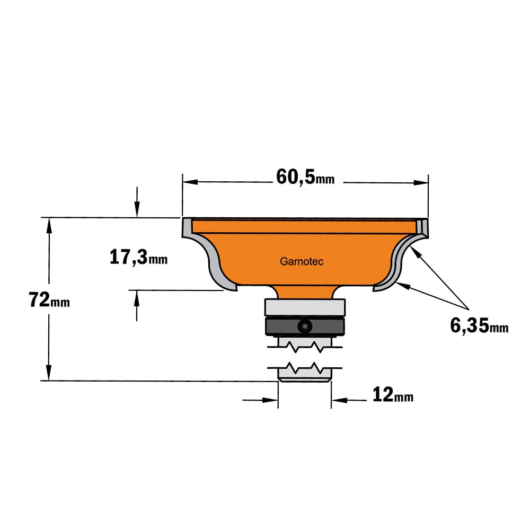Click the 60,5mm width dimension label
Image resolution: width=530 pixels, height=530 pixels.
click(x=305, y=177)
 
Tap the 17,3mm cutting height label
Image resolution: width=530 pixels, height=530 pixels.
click(x=138, y=257)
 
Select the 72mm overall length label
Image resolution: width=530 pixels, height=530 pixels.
click(x=49, y=300)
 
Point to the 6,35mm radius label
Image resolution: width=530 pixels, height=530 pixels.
click(x=479, y=326)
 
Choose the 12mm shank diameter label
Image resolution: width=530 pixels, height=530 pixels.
click(x=393, y=395)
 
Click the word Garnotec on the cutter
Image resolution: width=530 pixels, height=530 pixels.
click(x=302, y=261)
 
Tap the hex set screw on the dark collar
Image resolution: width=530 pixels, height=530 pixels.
click(x=305, y=326)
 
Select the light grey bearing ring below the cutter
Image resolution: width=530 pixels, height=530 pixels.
click(x=305, y=307)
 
